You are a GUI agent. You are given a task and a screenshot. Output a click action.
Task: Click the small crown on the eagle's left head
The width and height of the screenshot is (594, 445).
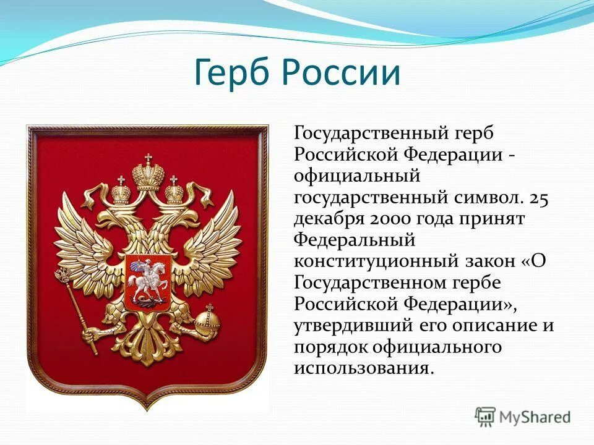tap(121, 191)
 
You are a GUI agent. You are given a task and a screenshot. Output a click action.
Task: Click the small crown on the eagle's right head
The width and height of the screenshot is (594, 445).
tap(174, 191)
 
